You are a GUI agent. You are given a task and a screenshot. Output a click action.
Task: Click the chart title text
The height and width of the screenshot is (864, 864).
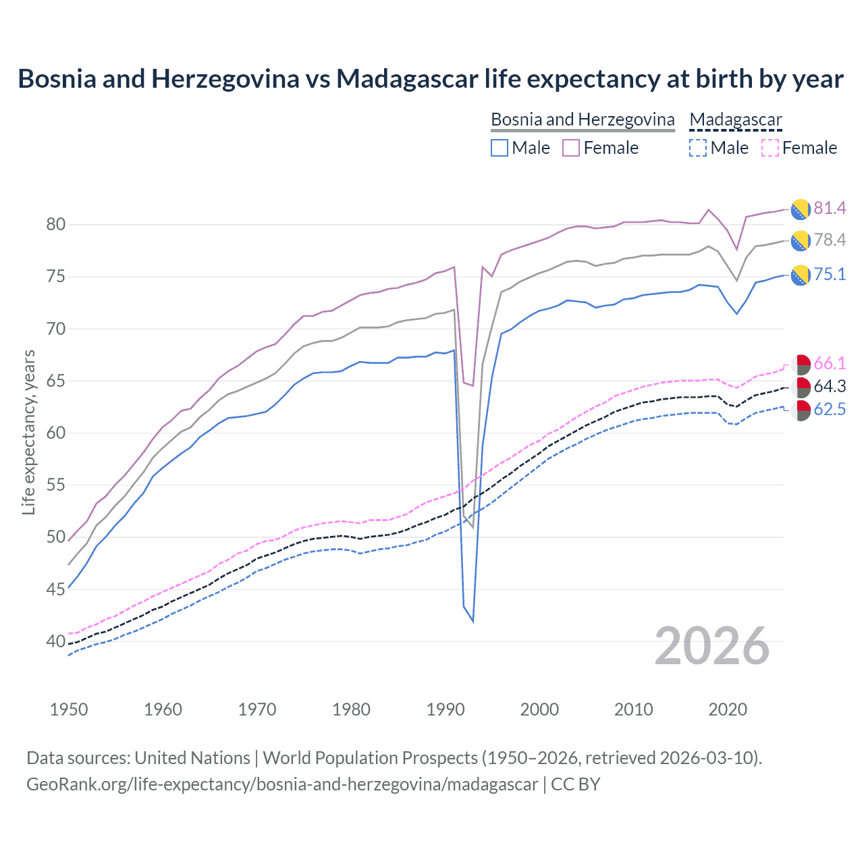click(x=431, y=79)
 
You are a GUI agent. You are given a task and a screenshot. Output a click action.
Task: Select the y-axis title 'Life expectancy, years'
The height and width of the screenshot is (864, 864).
click(x=28, y=432)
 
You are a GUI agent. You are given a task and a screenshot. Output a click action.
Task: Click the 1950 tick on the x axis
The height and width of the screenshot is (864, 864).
click(x=69, y=709)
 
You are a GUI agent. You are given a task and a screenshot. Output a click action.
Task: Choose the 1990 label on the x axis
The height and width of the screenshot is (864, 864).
click(x=446, y=709)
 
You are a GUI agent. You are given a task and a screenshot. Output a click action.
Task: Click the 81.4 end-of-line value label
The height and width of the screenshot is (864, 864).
click(x=830, y=208)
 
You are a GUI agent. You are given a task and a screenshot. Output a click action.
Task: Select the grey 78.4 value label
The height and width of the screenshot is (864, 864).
click(x=830, y=240)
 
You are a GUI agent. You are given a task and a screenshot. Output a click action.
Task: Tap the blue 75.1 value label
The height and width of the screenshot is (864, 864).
click(x=830, y=274)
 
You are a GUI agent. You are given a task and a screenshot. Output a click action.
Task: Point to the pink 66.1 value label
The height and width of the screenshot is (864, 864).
click(x=830, y=363)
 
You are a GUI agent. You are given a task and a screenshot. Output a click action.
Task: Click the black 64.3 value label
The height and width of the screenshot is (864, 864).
click(x=830, y=386)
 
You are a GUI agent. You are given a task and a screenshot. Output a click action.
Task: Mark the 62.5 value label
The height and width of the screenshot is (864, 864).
click(x=830, y=409)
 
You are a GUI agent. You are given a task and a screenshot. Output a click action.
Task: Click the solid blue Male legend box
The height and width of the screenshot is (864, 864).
click(x=500, y=148)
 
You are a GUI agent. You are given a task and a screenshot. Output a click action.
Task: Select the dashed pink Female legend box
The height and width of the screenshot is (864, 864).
click(x=769, y=148)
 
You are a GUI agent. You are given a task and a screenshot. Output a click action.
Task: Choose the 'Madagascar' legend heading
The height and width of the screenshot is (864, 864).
click(x=735, y=119)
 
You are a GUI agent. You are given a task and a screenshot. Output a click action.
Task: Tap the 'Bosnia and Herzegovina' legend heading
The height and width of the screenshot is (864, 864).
click(x=583, y=119)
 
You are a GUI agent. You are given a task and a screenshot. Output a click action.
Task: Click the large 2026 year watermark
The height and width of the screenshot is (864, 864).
click(x=712, y=646)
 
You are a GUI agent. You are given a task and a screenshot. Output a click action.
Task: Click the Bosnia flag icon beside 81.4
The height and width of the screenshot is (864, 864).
click(x=801, y=209)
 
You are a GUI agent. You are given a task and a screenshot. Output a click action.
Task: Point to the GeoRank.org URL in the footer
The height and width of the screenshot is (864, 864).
click(x=282, y=784)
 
